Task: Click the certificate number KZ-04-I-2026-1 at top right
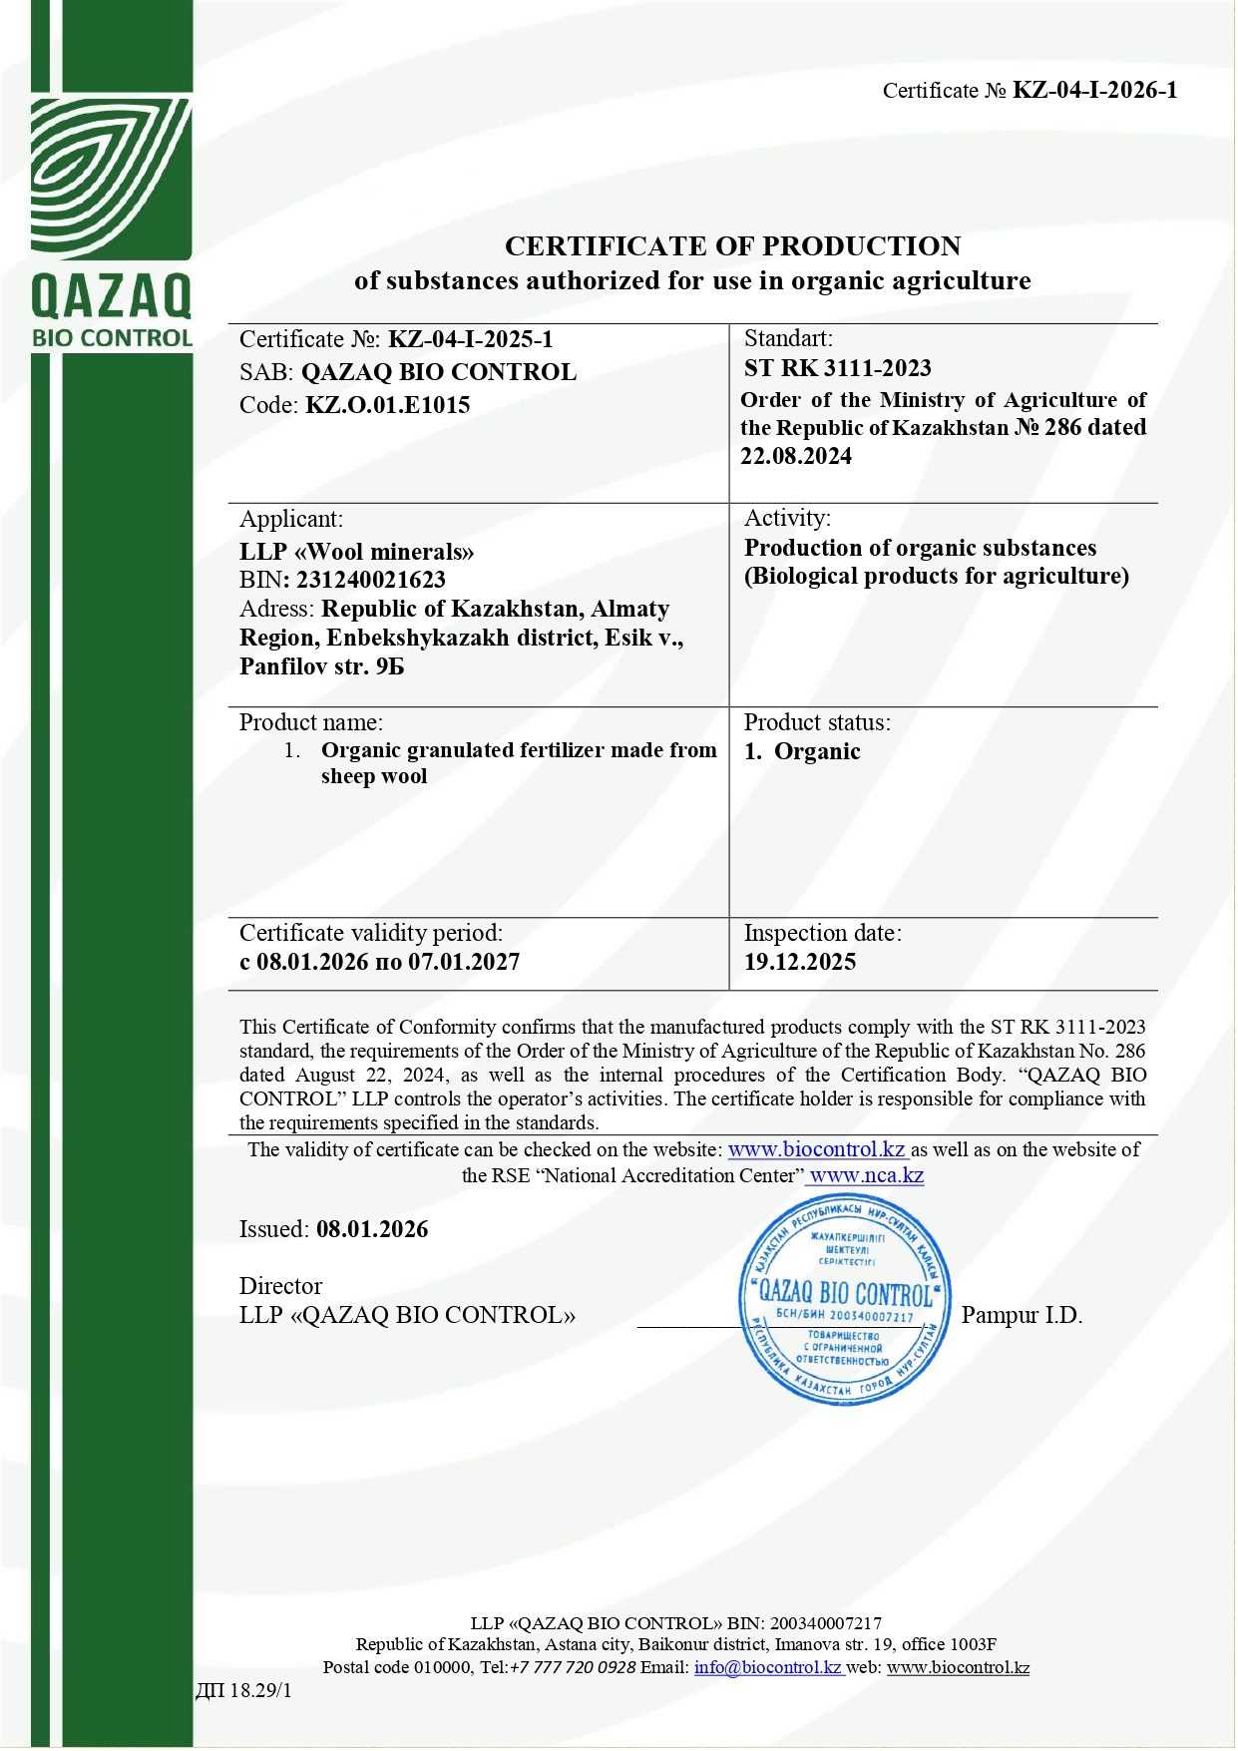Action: click(x=1094, y=91)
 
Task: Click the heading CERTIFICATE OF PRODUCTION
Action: click(x=732, y=246)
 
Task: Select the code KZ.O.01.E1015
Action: click(x=387, y=405)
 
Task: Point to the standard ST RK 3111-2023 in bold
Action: click(x=837, y=368)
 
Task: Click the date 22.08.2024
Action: click(x=795, y=456)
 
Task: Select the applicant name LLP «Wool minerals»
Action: click(x=356, y=552)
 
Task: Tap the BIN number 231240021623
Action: click(x=370, y=580)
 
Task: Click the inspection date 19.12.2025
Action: click(x=799, y=962)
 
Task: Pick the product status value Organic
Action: click(x=816, y=751)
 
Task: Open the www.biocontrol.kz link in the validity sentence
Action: click(x=816, y=1149)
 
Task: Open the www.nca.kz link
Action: click(x=866, y=1175)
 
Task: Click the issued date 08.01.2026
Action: click(x=372, y=1229)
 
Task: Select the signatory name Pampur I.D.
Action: click(x=1022, y=1315)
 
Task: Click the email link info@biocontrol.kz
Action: click(x=768, y=1667)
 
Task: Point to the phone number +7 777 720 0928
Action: click(x=572, y=1667)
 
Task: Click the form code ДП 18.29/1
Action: click(x=243, y=1690)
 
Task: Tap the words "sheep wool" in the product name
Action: click(x=374, y=776)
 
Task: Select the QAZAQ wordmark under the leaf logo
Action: click(x=111, y=296)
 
